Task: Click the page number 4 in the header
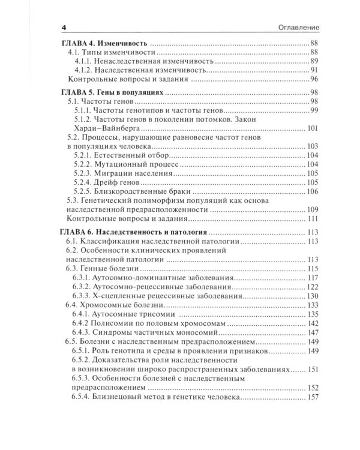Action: pyautogui.click(x=64, y=28)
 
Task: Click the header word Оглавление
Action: pyautogui.click(x=296, y=28)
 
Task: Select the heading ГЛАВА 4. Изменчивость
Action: pyautogui.click(x=104, y=43)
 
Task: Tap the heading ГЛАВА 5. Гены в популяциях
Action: pyautogui.click(x=113, y=93)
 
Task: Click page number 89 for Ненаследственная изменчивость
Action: pyautogui.click(x=313, y=62)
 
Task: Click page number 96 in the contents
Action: pyautogui.click(x=313, y=79)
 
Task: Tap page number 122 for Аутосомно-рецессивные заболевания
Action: pyautogui.click(x=312, y=287)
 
